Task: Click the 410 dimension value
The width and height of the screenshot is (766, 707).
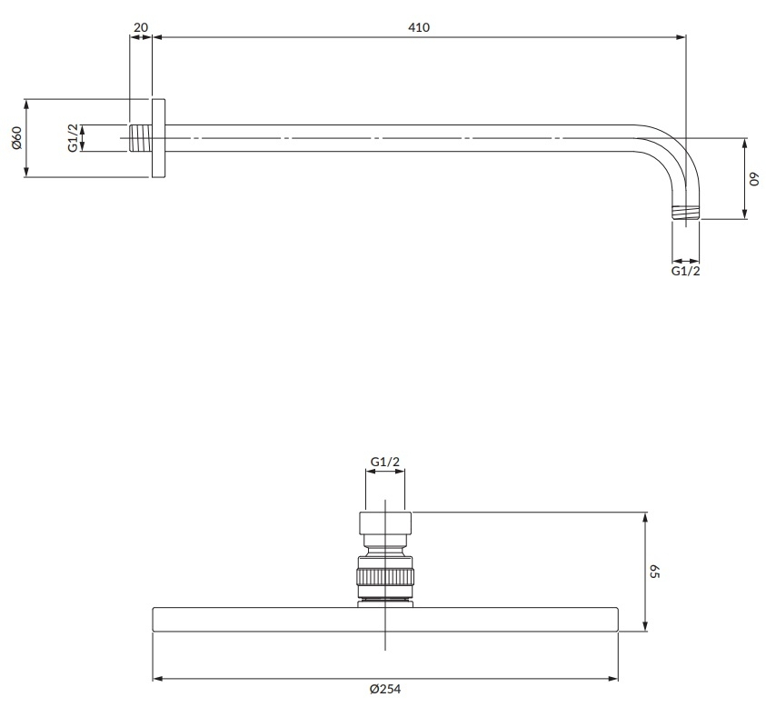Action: coord(419,27)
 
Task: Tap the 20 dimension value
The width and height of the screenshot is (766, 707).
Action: coord(140,27)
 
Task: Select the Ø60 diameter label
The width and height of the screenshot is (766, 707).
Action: coord(16,138)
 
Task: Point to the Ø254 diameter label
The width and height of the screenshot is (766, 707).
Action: coord(385,689)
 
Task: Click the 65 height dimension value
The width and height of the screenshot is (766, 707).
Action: coord(655,572)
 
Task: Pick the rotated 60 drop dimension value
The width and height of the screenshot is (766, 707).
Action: coord(755,179)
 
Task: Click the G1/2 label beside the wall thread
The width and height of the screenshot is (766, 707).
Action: coord(73,138)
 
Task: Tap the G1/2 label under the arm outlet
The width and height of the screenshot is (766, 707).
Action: coord(685,271)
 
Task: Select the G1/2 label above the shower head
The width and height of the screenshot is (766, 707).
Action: coord(385,462)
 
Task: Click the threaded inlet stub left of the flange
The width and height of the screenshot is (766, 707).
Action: coord(141,138)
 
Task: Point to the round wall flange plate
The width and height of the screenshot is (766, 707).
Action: coord(158,138)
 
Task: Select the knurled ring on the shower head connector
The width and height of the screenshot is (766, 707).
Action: coord(385,576)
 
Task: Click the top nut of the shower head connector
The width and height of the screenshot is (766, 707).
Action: coord(385,523)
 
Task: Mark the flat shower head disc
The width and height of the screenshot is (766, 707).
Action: coord(385,620)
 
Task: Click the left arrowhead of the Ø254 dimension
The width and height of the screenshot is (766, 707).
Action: coord(158,679)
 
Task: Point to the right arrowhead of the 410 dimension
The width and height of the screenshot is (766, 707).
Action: coord(681,37)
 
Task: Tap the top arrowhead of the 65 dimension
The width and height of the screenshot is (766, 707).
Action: coord(645,518)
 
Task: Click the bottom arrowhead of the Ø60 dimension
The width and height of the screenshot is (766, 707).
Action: coord(26,172)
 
